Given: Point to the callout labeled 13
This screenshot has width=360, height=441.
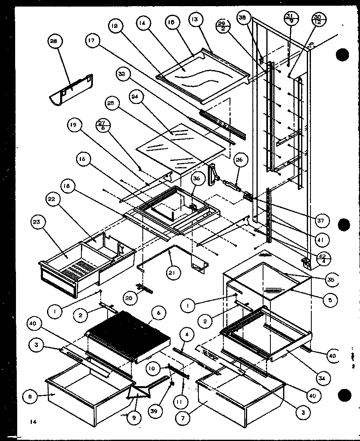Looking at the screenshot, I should tap(195, 20).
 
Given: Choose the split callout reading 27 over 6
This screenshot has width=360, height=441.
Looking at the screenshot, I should tap(103, 125).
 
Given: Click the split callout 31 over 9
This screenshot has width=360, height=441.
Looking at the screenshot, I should tap(290, 19).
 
